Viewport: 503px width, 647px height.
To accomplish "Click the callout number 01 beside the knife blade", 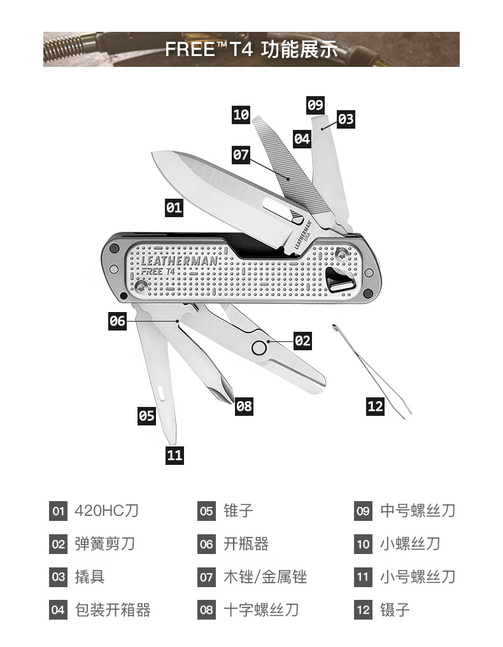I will coord(174,207).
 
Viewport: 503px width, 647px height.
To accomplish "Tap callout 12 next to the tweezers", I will coord(376,406).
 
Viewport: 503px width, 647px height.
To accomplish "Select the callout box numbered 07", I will coord(241,154).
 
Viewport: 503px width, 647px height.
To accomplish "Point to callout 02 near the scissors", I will coord(302,341).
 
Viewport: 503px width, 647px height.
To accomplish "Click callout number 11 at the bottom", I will coord(174,455).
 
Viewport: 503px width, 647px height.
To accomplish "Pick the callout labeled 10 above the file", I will coord(241,115).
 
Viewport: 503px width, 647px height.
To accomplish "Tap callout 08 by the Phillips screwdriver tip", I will coord(244,406).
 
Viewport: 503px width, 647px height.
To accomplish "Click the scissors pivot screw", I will coord(259,347).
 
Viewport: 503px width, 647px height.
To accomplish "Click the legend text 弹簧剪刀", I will coord(104,544).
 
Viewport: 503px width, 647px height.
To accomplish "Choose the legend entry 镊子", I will coord(395,610).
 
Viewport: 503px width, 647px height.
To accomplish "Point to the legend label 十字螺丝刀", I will coord(261,610).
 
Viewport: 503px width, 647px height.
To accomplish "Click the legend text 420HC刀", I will coord(106,511).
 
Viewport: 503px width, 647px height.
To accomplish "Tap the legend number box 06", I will coord(206,544).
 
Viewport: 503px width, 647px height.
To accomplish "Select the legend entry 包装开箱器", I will coord(113,610).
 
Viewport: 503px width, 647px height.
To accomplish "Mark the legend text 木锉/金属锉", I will coord(265,577).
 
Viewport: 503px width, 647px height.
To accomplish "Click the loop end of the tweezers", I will coord(334,327).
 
